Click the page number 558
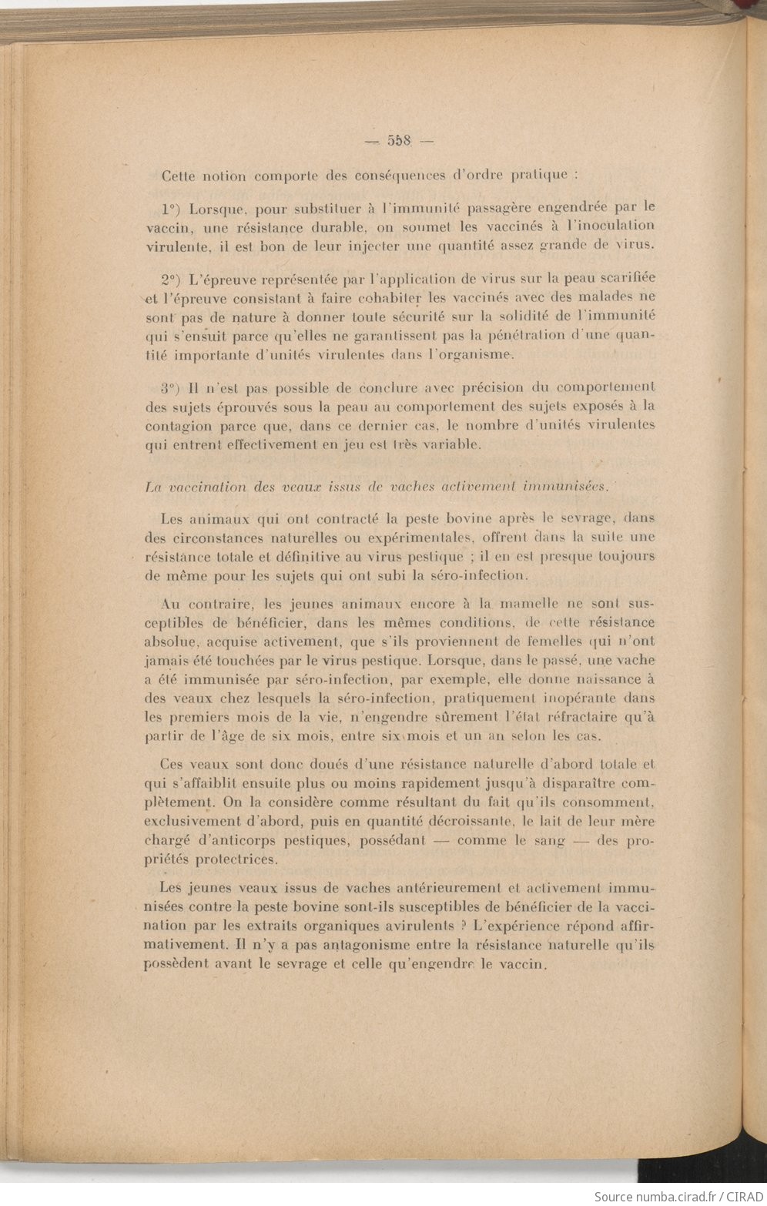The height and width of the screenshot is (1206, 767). [x=400, y=141]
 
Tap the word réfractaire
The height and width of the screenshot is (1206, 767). [x=589, y=717]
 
